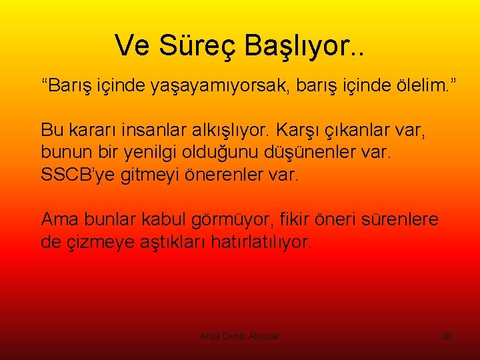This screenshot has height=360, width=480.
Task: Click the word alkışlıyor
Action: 229,129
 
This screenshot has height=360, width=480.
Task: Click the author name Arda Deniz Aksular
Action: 240,337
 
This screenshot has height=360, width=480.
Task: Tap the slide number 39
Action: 446,337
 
